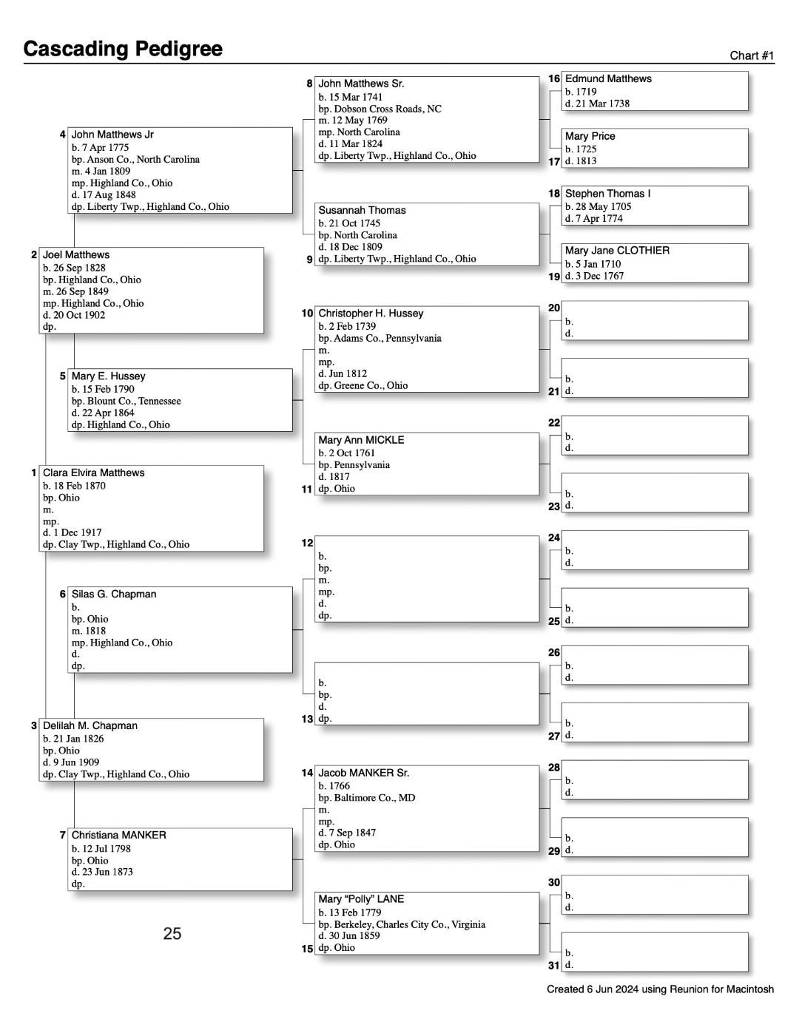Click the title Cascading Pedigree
[x=123, y=49]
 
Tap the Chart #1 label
[x=752, y=55]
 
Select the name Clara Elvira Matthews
[x=93, y=473]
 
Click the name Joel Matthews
[x=75, y=255]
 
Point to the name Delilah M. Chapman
[x=90, y=726]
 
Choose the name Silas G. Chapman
[x=113, y=595]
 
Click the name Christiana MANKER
[x=118, y=836]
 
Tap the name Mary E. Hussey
[x=108, y=376]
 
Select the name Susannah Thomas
[x=362, y=211]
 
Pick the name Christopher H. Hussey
[x=371, y=314]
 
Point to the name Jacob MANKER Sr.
[x=363, y=773]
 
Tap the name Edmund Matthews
[x=608, y=79]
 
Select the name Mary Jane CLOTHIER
[x=617, y=251]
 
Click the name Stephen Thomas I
[x=607, y=194]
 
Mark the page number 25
[x=172, y=934]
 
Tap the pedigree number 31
[x=554, y=965]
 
